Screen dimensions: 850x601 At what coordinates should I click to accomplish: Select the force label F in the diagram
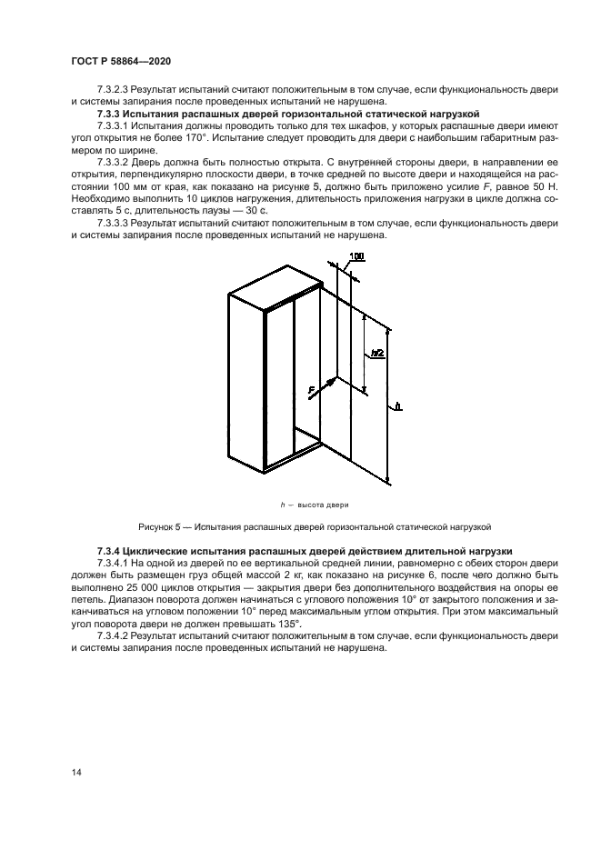(311, 390)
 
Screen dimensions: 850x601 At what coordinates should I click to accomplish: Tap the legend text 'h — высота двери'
(314, 505)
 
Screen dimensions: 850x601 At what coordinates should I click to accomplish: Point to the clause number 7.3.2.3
(115, 90)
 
